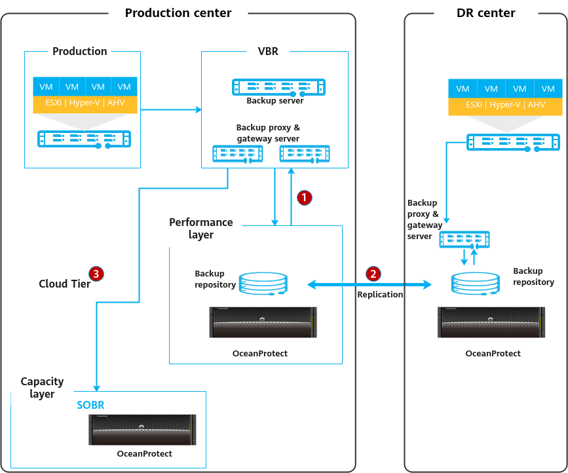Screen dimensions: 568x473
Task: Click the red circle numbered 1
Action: pos(304,197)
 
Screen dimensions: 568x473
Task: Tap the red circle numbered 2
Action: pos(373,274)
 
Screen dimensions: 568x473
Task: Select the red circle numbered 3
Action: pos(96,274)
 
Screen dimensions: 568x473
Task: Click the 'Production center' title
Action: pos(178,13)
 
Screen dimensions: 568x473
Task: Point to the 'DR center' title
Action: pos(485,13)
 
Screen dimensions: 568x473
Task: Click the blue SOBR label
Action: pos(90,405)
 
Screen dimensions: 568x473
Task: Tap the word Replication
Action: pos(380,294)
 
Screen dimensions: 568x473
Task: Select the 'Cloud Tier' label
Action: pos(64,284)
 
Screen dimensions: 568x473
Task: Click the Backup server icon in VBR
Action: pos(278,87)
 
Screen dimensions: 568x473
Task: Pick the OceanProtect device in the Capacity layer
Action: pos(142,430)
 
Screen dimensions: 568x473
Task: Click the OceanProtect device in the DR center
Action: pos(491,322)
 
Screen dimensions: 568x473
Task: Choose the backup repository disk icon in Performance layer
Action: pos(263,284)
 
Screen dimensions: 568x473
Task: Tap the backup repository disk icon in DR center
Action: pos(475,284)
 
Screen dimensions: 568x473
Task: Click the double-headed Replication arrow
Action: pos(369,285)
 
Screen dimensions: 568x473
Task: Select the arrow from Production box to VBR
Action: pos(171,109)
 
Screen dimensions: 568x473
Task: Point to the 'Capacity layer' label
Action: pos(42,388)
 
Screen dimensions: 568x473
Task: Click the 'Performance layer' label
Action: pos(201,228)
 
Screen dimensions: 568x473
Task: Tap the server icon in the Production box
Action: pos(84,139)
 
